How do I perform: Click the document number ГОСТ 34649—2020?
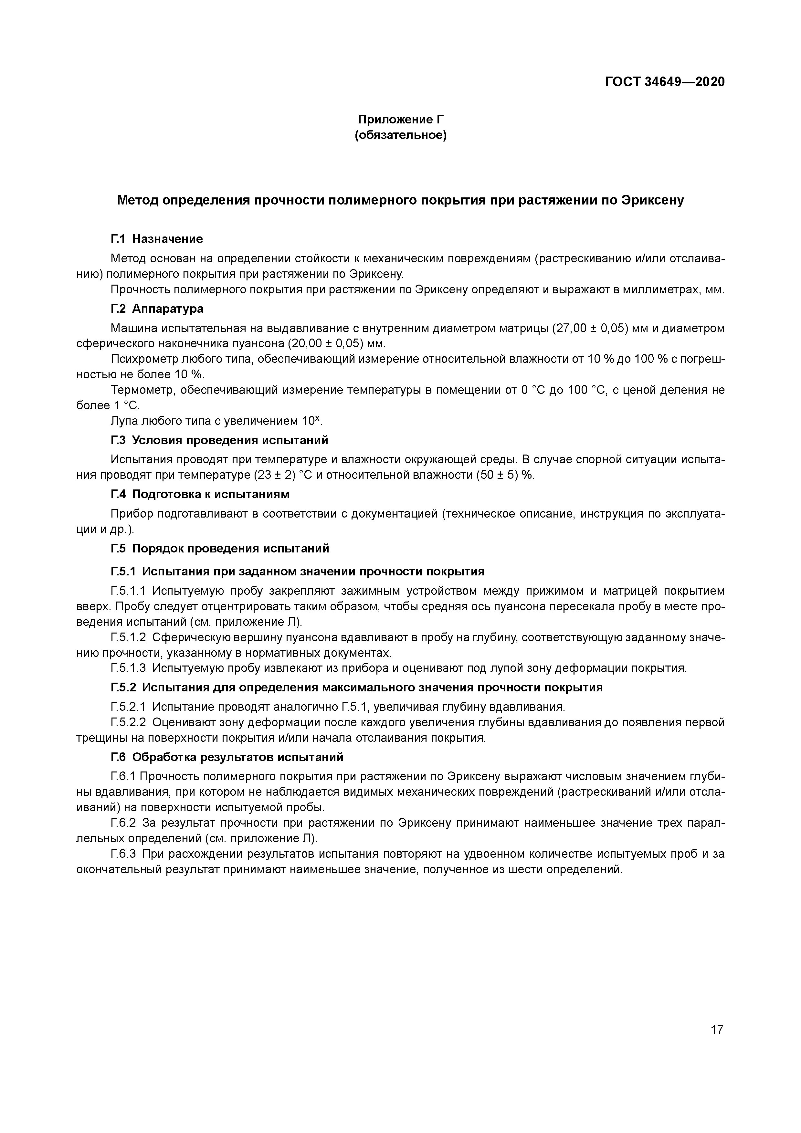664,82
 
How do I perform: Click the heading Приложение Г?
401,120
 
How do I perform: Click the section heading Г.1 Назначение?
156,239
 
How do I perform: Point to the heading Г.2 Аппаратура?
156,309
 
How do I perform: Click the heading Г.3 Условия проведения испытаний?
219,440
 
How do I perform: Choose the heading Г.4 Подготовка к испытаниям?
200,494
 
